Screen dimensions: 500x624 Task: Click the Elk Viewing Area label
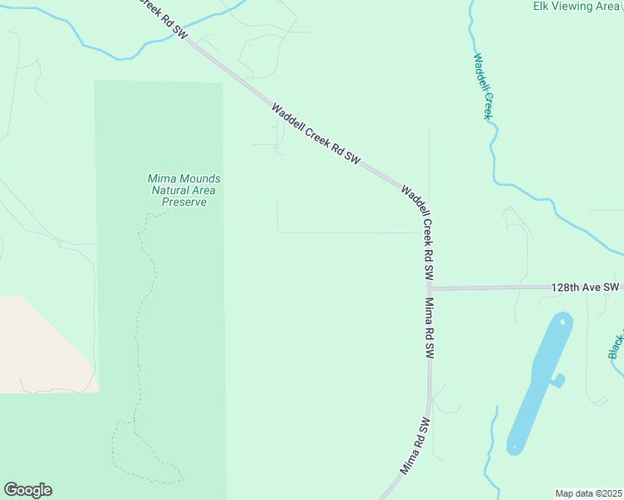576,7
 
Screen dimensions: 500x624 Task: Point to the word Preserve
184,202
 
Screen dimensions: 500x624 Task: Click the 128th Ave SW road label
585,287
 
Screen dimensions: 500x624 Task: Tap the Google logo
28,490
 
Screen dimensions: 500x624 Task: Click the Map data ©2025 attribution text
588,493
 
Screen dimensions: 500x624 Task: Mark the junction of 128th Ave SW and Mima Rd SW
430,288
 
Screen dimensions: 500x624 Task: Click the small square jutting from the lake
557,380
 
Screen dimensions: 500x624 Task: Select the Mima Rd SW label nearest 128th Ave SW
430,328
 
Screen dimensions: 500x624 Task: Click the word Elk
542,7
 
